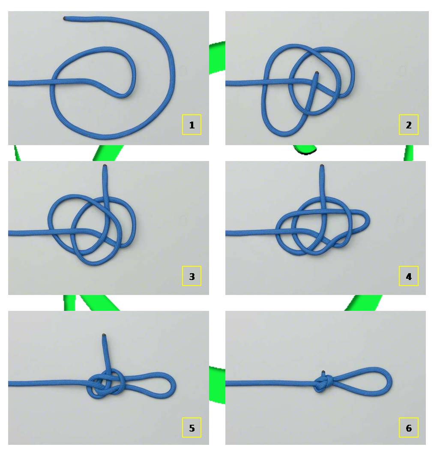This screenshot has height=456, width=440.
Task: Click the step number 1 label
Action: point(192,125)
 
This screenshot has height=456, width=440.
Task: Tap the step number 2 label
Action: point(408,125)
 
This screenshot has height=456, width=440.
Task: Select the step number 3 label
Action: point(192,276)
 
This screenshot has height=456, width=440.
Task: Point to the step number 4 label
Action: point(408,276)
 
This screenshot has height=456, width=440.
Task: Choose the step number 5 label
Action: point(192,427)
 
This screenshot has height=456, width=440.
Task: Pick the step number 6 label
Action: point(408,427)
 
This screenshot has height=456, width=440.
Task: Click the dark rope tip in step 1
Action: point(65,19)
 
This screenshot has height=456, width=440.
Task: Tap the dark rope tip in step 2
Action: point(317,73)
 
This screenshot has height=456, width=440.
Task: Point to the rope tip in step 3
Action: point(105,166)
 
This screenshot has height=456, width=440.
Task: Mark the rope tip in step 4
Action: point(322,166)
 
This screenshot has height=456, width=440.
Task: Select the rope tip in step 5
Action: point(104,334)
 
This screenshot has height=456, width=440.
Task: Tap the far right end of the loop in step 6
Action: point(391,381)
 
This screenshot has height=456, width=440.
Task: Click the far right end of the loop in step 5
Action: point(175,384)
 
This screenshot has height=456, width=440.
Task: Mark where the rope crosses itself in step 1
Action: point(53,81)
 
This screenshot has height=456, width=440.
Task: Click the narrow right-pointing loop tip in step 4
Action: point(368,221)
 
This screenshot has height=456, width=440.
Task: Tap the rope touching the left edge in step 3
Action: point(10,233)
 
